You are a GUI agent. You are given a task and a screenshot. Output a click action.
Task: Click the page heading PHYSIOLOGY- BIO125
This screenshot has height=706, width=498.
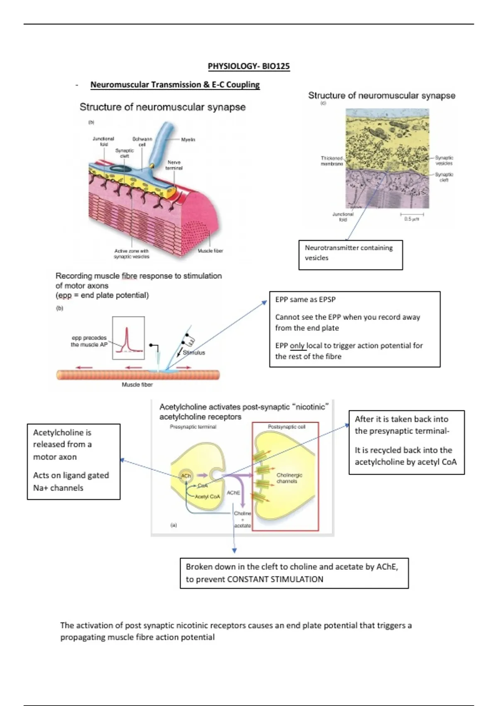coord(249,66)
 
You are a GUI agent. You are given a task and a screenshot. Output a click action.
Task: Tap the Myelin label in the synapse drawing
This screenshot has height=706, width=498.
coord(188,140)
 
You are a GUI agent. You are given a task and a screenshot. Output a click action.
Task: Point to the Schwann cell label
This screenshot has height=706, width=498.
coord(142,142)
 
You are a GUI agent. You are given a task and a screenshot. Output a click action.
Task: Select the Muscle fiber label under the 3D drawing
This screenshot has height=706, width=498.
coord(210,251)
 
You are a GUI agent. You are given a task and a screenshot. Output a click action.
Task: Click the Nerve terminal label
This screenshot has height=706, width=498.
coord(174,165)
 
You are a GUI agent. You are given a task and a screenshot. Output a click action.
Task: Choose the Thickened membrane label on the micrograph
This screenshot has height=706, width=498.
coord(332,161)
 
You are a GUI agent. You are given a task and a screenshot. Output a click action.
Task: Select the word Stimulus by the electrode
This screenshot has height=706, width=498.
coord(194,353)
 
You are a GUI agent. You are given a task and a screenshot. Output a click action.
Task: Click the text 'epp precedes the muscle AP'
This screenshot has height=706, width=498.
coord(89,341)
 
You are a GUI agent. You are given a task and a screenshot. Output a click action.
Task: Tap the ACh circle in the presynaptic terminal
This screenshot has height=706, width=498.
coord(186,476)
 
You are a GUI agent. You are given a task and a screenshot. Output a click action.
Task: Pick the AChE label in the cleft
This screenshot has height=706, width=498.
coord(233,493)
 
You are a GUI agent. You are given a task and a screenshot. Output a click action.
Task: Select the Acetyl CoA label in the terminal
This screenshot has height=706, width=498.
coord(207,497)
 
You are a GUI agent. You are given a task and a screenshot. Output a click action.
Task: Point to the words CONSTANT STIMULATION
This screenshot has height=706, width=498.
coord(275,579)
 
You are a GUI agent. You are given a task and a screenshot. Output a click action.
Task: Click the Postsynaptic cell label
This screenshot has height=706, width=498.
coord(286,427)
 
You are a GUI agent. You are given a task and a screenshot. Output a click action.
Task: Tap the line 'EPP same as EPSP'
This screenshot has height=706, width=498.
coord(305,299)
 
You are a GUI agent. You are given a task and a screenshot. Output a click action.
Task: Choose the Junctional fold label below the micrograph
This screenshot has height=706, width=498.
coord(343,217)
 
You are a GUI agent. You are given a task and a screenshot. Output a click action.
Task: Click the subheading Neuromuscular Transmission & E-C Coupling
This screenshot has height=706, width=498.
coord(175,85)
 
